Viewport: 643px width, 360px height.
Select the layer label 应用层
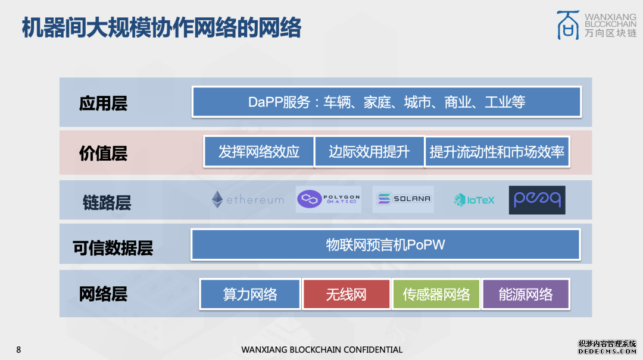(103, 104)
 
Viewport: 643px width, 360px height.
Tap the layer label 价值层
(103, 154)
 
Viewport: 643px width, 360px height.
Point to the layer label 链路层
(107, 203)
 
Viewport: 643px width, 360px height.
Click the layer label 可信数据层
(113, 248)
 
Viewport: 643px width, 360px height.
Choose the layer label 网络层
(103, 294)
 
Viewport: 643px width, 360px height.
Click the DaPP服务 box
(386, 102)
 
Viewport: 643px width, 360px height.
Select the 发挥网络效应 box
(258, 152)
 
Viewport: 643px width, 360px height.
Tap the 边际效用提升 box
(369, 152)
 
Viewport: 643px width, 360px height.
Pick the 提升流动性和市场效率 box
(497, 152)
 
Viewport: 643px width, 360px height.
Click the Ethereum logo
(248, 200)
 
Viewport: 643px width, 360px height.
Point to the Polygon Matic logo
(329, 199)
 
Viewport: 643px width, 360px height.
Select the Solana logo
(403, 199)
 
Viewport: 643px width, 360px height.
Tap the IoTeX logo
(474, 200)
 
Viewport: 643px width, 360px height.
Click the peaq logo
(536, 200)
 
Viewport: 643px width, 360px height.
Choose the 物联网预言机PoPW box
(385, 245)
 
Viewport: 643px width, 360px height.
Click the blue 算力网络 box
(250, 294)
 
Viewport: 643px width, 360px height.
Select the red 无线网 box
(347, 294)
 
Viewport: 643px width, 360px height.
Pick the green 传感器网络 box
(436, 294)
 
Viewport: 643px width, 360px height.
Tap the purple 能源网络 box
(525, 294)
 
